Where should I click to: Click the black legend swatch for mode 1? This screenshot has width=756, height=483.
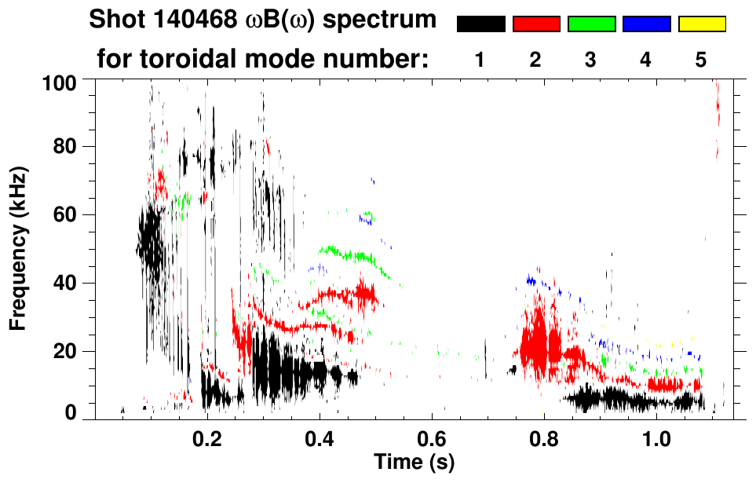click(481, 24)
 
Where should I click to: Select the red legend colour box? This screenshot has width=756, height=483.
click(536, 24)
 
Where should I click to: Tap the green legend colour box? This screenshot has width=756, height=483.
click(591, 24)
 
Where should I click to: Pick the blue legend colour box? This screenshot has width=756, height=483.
click(646, 24)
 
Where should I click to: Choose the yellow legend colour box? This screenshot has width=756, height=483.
click(702, 24)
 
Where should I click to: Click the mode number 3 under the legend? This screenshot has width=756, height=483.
click(591, 60)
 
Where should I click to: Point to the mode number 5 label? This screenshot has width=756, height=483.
click(701, 60)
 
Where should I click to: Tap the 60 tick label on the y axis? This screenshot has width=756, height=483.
click(70, 214)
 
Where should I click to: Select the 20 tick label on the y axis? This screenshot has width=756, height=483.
click(70, 351)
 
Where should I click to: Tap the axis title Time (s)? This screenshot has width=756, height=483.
click(414, 461)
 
